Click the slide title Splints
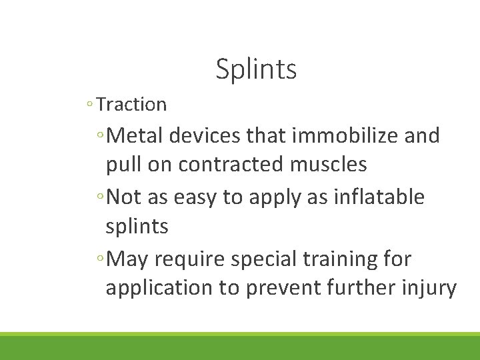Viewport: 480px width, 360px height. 256,69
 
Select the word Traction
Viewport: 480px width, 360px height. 131,105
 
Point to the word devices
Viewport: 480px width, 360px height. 205,136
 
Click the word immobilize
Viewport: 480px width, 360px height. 346,136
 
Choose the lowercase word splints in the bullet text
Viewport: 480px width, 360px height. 137,227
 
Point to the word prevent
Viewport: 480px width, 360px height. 283,289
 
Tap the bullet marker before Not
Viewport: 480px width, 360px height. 99,198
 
